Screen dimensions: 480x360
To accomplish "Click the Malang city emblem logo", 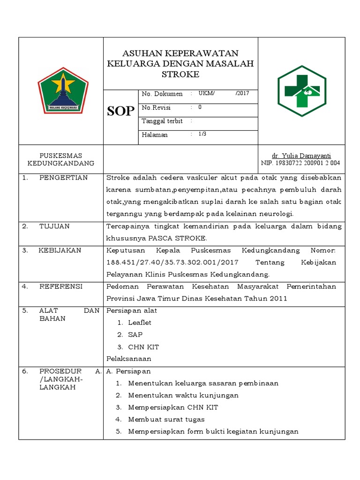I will click(63, 90).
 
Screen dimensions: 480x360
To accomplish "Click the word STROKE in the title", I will click(180, 74).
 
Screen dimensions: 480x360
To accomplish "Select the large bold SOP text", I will click(121, 111).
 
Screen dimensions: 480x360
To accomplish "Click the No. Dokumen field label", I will click(162, 94).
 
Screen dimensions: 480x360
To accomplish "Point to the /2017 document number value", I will click(243, 93).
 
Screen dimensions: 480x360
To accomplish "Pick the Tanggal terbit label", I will click(162, 121).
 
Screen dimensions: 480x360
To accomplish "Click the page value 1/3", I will click(202, 134).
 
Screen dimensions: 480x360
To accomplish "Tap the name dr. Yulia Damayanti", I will click(301, 156).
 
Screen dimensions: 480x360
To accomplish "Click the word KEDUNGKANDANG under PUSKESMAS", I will click(61, 163).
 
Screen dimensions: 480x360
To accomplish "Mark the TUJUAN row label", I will click(54, 226).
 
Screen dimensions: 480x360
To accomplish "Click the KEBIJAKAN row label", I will click(60, 250).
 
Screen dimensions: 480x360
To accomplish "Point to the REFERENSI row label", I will click(61, 286).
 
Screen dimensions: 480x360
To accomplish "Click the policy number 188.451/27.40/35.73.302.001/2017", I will click(173, 262).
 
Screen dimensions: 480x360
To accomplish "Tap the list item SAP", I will click(135, 335).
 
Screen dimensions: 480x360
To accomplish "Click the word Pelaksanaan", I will click(129, 359).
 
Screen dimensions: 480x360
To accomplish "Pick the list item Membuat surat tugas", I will click(166, 420).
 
